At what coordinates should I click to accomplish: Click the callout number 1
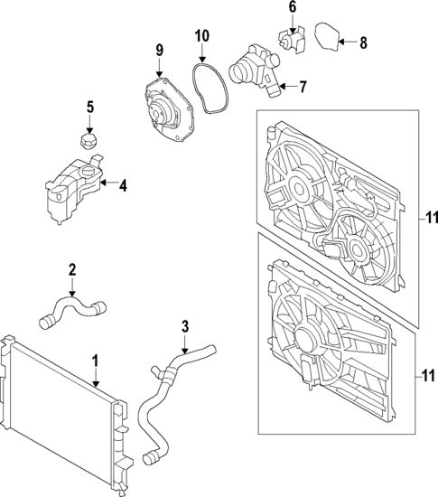pyautogui.click(x=96, y=361)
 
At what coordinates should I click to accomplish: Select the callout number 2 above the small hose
pyautogui.click(x=72, y=270)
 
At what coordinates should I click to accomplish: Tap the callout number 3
pyautogui.click(x=185, y=326)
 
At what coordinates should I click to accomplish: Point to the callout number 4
pyautogui.click(x=123, y=186)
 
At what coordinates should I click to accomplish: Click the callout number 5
pyautogui.click(x=90, y=108)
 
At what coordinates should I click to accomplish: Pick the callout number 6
pyautogui.click(x=293, y=7)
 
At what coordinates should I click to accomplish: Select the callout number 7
pyautogui.click(x=303, y=87)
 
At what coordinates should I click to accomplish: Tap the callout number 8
pyautogui.click(x=363, y=42)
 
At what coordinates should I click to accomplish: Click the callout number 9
pyautogui.click(x=159, y=50)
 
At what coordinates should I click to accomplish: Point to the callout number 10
pyautogui.click(x=202, y=36)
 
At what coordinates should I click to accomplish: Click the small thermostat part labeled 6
pyautogui.click(x=292, y=41)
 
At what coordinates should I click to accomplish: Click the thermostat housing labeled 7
pyautogui.click(x=255, y=70)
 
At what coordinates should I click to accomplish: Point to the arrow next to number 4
pyautogui.click(x=107, y=183)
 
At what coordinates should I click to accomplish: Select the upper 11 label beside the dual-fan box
pyautogui.click(x=432, y=218)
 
